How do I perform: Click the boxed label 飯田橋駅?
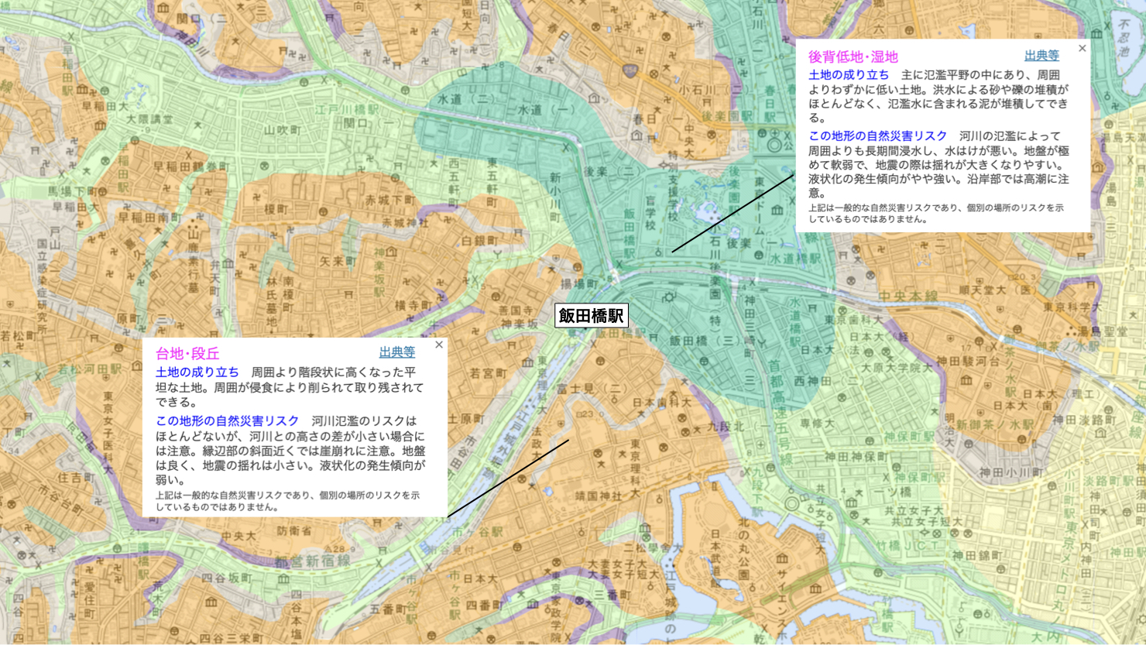click(x=591, y=315)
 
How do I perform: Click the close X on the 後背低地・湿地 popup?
click(x=1082, y=48)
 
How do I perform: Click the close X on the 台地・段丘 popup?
click(x=439, y=345)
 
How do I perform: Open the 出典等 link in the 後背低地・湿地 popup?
click(x=1041, y=56)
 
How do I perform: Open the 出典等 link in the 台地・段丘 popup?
click(x=396, y=352)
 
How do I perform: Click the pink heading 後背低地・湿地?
click(x=853, y=57)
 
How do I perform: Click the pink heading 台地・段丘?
click(x=187, y=354)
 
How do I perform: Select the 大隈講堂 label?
click(x=149, y=119)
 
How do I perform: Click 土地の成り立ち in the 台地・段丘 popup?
click(x=197, y=372)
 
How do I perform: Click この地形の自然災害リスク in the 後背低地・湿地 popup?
click(x=877, y=136)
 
